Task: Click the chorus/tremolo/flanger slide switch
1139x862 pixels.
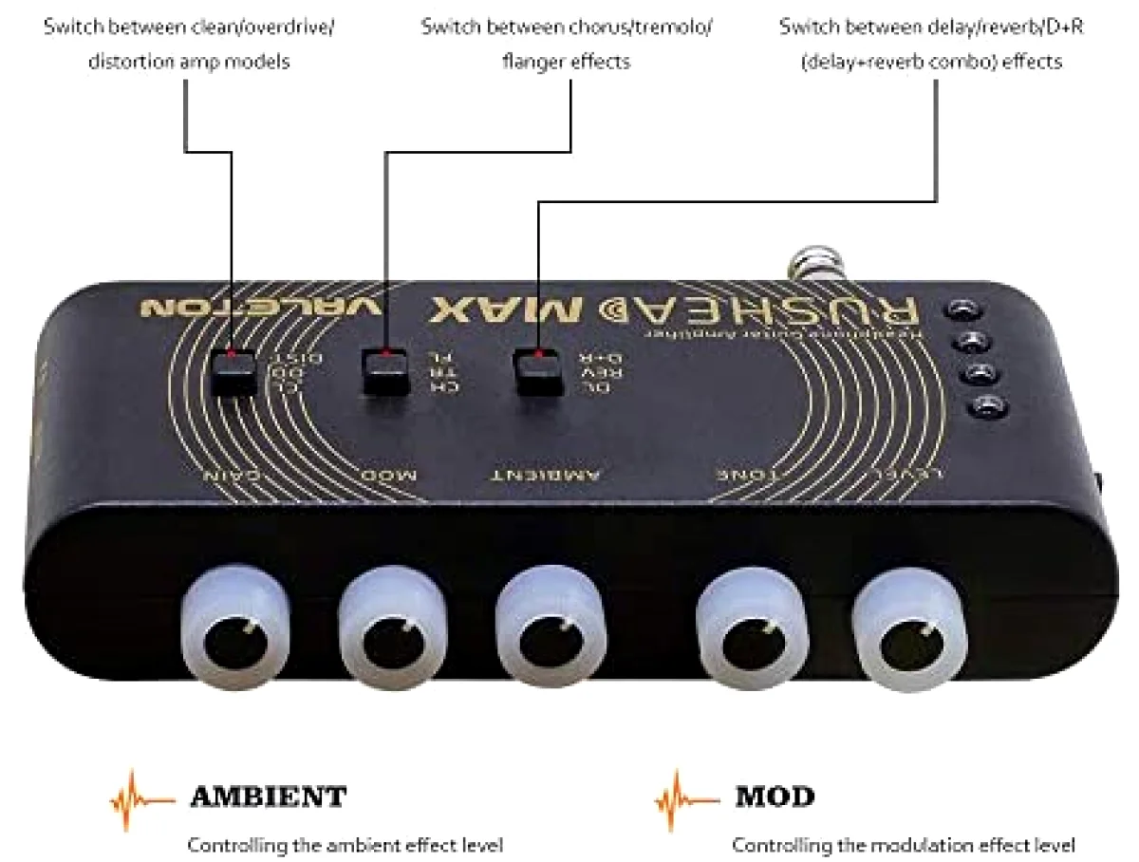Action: tap(383, 371)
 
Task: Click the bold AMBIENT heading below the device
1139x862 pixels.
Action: tap(269, 796)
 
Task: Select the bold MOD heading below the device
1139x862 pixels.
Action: tap(775, 796)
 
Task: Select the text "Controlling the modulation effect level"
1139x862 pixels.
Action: tap(905, 844)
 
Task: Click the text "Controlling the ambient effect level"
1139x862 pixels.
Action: tap(345, 844)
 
